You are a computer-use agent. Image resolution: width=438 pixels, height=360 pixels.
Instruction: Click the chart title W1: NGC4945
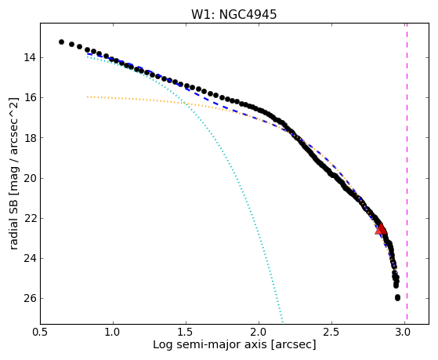(x=233, y=14)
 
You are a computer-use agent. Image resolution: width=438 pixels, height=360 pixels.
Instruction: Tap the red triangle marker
(x=381, y=228)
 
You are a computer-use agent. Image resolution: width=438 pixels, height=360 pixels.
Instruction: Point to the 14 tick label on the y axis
(x=30, y=57)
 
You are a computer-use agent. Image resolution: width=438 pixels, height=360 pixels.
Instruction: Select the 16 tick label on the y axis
(x=30, y=97)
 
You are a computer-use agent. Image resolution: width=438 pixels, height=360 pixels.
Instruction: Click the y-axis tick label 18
(x=30, y=137)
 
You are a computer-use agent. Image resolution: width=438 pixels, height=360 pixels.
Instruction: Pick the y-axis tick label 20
(x=30, y=178)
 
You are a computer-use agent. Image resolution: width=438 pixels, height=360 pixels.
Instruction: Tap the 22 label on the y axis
(x=30, y=218)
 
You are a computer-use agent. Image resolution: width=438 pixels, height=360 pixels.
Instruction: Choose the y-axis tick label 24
(x=30, y=258)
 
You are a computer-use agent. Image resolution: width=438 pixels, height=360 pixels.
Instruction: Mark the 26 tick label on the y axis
(x=30, y=298)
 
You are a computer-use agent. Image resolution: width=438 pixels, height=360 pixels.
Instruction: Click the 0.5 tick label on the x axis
(x=41, y=332)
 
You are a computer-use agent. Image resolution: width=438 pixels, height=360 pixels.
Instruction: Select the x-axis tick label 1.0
(x=113, y=332)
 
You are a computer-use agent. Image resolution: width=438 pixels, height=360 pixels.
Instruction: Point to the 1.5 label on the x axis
(x=186, y=332)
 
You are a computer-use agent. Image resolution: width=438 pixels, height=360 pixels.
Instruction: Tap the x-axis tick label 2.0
(x=259, y=332)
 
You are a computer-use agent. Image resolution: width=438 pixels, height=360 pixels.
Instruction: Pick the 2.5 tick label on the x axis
(x=331, y=332)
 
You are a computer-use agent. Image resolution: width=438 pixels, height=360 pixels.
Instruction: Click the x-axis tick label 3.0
(x=404, y=332)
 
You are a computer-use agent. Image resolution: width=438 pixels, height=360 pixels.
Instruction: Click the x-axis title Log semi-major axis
(x=210, y=344)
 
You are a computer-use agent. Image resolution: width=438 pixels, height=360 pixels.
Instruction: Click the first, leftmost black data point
(x=61, y=42)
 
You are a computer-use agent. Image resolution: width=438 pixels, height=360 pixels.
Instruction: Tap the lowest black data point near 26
(x=397, y=297)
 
